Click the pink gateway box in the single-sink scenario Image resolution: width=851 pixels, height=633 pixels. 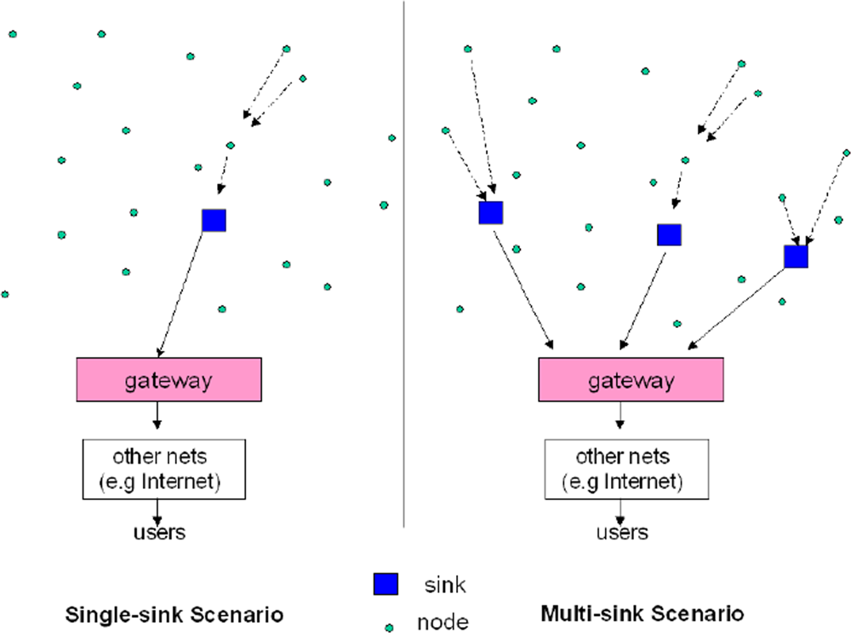(168, 379)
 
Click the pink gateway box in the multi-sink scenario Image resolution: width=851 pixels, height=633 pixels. (631, 379)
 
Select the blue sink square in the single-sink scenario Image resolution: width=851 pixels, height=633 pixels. (214, 220)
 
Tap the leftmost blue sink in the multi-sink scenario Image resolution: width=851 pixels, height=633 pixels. (491, 212)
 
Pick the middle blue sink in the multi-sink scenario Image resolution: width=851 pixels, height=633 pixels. (670, 234)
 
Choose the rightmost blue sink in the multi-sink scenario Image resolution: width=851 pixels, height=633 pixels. (796, 256)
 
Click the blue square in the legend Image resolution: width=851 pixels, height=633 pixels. (385, 584)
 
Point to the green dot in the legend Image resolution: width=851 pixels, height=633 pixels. (390, 627)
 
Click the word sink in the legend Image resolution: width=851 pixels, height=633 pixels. (444, 584)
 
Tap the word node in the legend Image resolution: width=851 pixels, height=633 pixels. (442, 622)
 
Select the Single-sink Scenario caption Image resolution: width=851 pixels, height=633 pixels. (174, 613)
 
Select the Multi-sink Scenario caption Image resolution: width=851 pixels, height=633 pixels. (643, 613)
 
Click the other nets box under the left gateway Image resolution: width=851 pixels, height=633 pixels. (163, 469)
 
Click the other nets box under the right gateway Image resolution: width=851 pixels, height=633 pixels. (626, 469)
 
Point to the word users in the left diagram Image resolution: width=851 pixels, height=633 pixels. (159, 533)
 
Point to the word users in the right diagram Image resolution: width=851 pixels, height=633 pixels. (622, 533)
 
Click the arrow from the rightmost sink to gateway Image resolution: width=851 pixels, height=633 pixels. (737, 309)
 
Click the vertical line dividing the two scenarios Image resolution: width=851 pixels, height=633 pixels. (403, 256)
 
